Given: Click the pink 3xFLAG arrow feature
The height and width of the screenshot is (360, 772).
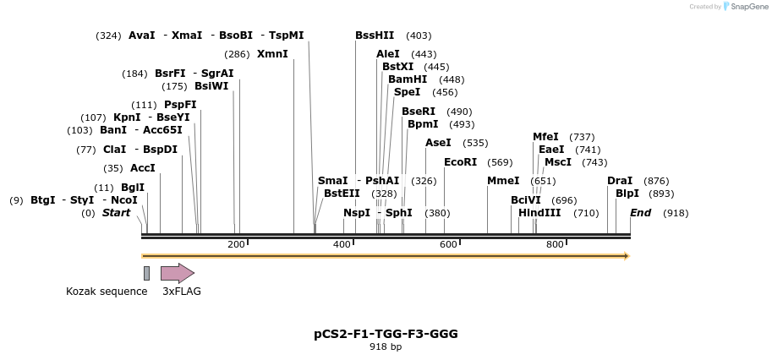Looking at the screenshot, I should click(x=177, y=272).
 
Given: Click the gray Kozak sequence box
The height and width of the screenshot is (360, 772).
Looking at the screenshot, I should click(x=146, y=272).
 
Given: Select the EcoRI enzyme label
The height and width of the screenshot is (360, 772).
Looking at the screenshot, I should click(x=461, y=162).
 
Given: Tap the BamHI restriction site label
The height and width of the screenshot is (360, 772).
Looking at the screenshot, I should click(x=408, y=79).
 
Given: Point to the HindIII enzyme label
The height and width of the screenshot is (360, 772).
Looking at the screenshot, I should click(x=539, y=213).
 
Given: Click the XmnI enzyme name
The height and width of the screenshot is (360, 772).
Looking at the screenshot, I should click(x=272, y=54).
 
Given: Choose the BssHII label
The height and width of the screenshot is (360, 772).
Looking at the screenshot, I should click(x=375, y=35).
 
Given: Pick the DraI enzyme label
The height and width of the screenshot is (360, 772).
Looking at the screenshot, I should click(x=620, y=181).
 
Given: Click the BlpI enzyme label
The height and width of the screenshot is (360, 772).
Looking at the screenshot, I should click(x=627, y=194).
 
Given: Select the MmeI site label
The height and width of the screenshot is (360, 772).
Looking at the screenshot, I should click(x=503, y=181).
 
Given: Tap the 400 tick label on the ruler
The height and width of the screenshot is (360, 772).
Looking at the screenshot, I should click(x=342, y=245).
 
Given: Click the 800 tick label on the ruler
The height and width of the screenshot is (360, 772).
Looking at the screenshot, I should click(x=555, y=245).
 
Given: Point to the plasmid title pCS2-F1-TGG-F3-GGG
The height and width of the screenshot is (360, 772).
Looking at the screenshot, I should click(x=386, y=334).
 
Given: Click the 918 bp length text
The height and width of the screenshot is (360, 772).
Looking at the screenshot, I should click(x=386, y=346).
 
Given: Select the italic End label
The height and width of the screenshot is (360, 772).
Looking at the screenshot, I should click(x=640, y=213).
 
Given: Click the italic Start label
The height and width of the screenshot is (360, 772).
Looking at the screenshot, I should click(x=117, y=213).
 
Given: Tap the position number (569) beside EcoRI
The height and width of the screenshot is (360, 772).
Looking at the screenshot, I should click(x=500, y=162).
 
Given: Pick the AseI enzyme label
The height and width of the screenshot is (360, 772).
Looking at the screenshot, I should click(x=438, y=143).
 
